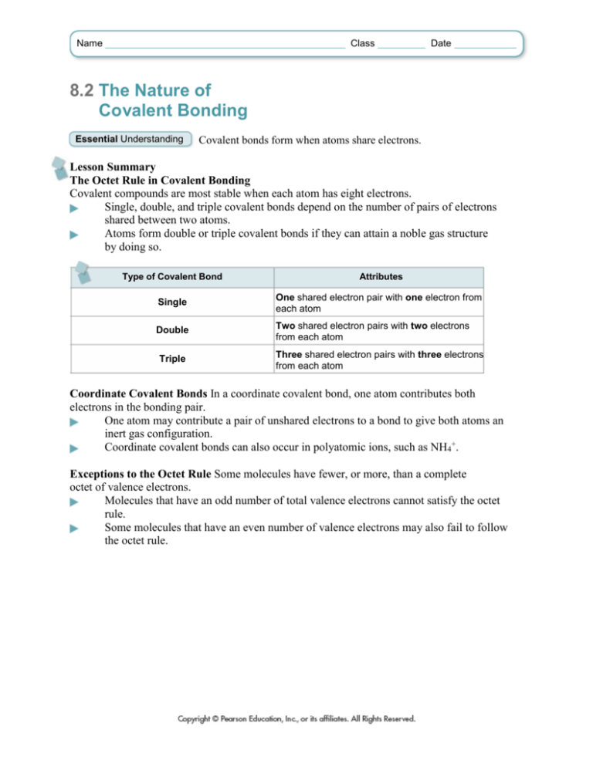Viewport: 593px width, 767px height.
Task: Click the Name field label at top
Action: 89,44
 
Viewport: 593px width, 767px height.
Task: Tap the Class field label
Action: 362,44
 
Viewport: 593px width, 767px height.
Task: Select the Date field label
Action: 441,44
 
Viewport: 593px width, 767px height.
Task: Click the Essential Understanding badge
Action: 129,140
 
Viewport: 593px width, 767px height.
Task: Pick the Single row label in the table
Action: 173,305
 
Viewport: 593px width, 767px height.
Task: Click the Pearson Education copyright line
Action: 296,718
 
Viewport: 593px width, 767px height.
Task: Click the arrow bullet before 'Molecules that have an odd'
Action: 74,502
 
